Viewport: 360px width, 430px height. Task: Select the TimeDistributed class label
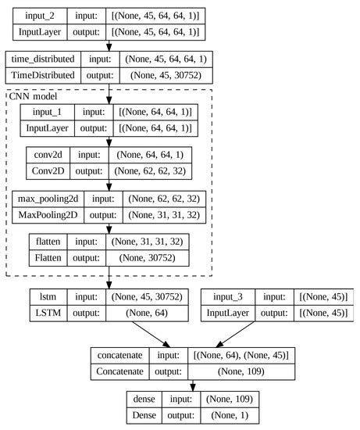pyautogui.click(x=43, y=75)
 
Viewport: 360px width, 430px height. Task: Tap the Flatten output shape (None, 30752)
pyautogui.click(x=148, y=257)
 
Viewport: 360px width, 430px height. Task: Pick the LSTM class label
pyautogui.click(x=43, y=313)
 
